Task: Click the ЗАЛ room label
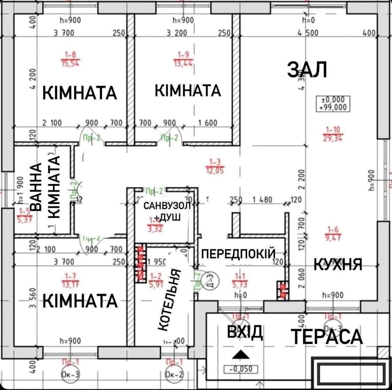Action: (308, 70)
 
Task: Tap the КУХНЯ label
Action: (338, 265)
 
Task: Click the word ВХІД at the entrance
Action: (245, 332)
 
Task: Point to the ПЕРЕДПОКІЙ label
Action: (239, 254)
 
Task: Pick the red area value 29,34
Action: (333, 138)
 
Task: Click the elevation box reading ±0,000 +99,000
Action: (333, 103)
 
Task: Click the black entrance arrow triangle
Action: (241, 355)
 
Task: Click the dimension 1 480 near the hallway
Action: (262, 200)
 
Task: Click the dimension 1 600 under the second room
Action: (207, 123)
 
